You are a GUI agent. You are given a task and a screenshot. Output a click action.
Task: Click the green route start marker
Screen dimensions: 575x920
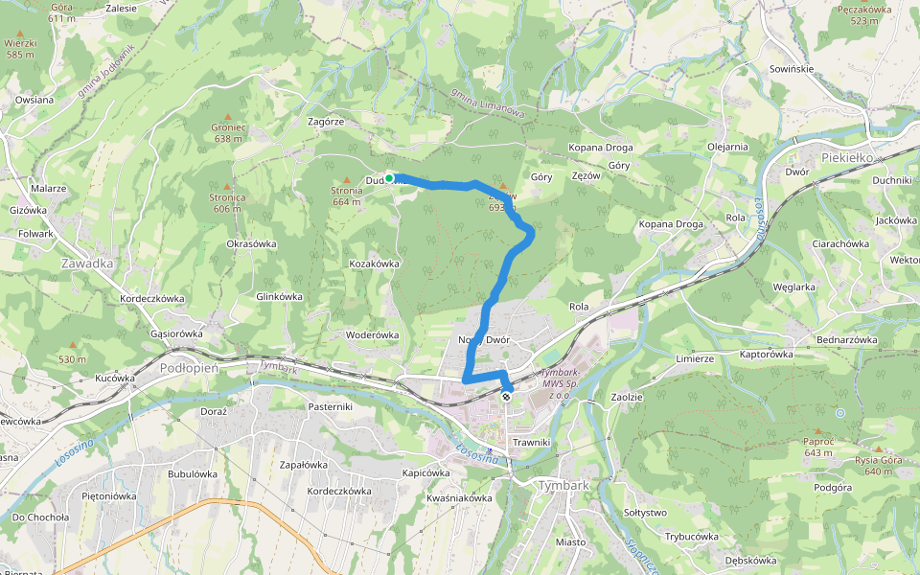pos(390,178)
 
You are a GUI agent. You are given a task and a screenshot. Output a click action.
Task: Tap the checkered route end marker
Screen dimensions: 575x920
pos(506,396)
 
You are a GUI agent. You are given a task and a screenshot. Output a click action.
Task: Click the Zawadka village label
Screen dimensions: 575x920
pos(86,263)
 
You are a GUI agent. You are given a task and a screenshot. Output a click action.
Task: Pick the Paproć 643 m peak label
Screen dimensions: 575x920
pos(817,447)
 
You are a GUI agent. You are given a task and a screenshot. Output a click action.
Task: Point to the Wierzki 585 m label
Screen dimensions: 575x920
pos(20,49)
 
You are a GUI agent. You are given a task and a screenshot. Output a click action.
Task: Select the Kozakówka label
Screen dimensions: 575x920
pos(374,263)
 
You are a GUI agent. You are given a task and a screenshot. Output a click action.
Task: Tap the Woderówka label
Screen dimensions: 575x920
pos(372,334)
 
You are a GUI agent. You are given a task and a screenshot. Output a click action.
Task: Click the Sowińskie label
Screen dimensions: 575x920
pos(792,70)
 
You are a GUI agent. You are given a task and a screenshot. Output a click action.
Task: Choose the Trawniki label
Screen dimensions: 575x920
pos(530,442)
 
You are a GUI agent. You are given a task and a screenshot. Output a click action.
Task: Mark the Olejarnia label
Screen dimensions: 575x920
pos(727,147)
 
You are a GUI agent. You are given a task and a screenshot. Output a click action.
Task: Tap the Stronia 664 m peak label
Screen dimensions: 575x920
pos(346,196)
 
